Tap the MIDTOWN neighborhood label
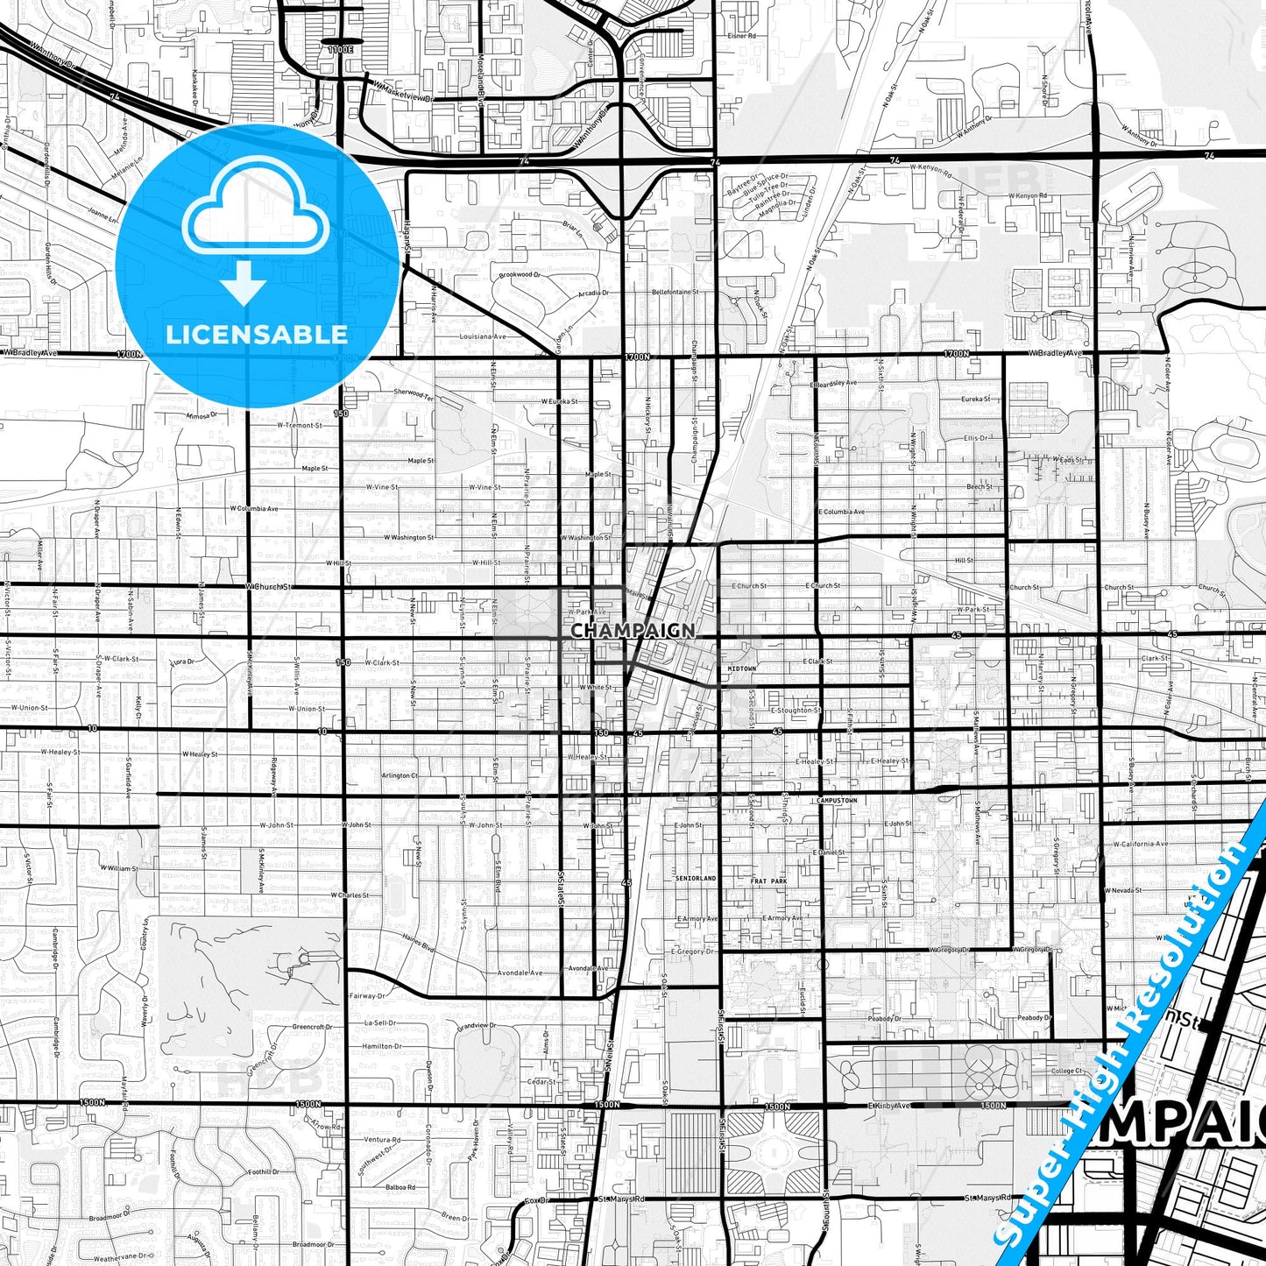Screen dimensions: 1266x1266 (741, 668)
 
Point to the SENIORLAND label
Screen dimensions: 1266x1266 (696, 877)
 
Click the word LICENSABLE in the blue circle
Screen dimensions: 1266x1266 (257, 335)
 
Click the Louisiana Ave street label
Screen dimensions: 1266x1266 (483, 336)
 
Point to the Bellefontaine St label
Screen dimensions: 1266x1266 (675, 292)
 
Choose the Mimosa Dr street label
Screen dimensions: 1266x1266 (201, 416)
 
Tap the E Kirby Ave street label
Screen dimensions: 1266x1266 (890, 1106)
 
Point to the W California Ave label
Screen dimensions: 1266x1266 (1140, 844)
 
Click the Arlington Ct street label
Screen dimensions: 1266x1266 (400, 775)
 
